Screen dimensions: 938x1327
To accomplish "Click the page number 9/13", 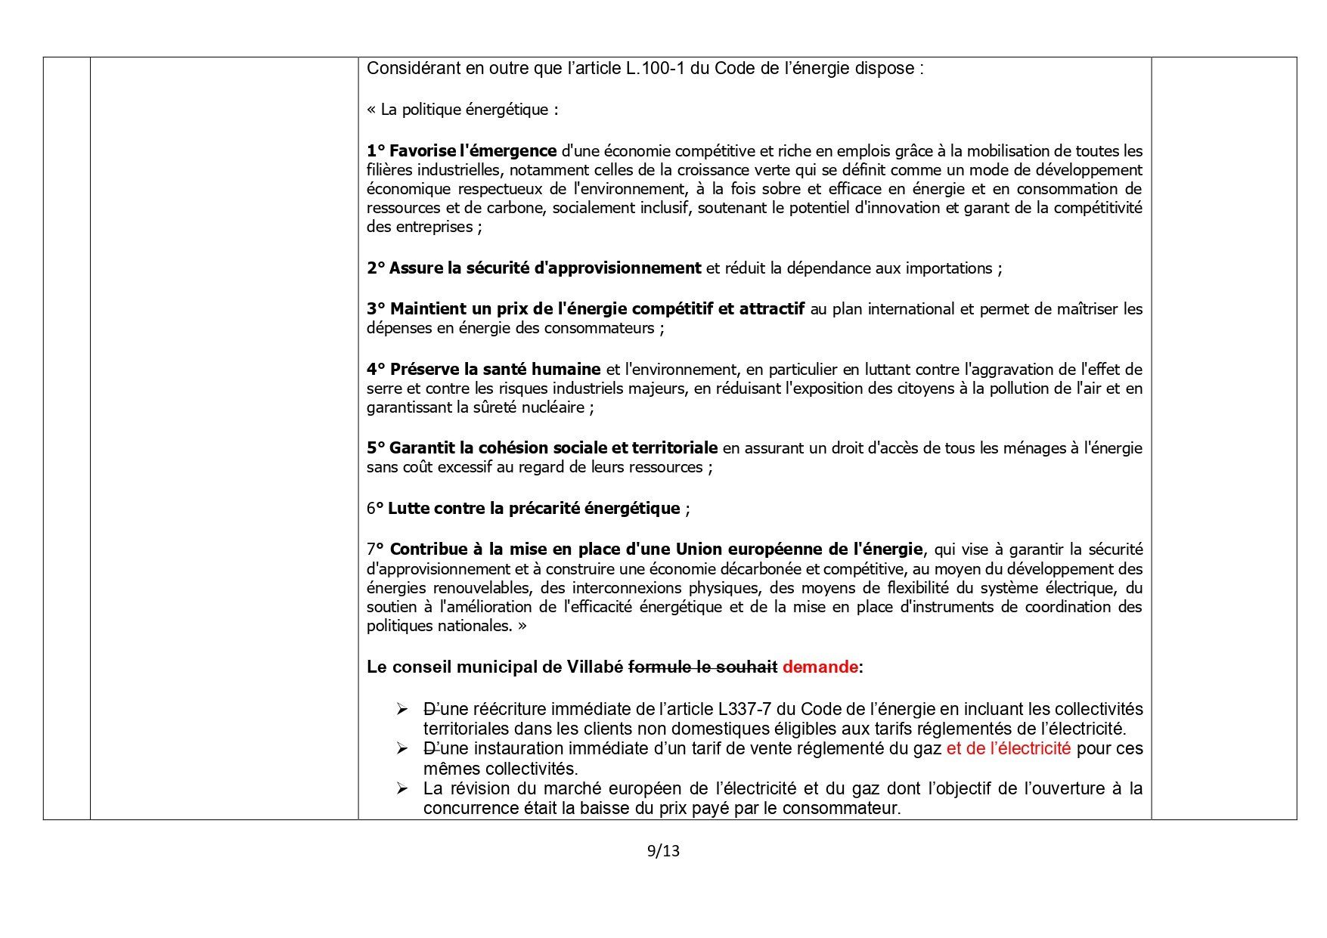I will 663,851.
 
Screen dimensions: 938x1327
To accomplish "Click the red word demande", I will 820,667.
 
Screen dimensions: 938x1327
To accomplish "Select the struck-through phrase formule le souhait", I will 702,667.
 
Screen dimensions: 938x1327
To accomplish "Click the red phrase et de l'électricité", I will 1008,749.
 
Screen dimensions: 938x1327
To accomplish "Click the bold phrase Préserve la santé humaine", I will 495,370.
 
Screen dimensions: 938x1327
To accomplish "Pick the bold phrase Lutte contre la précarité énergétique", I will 534,509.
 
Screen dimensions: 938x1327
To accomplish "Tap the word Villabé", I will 595,667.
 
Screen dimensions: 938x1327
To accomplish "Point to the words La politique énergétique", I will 469,110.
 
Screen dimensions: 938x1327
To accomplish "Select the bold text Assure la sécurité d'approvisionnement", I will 545,268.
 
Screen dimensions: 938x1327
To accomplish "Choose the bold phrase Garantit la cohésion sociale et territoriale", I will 553,448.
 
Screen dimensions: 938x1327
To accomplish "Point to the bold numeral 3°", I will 376,309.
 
